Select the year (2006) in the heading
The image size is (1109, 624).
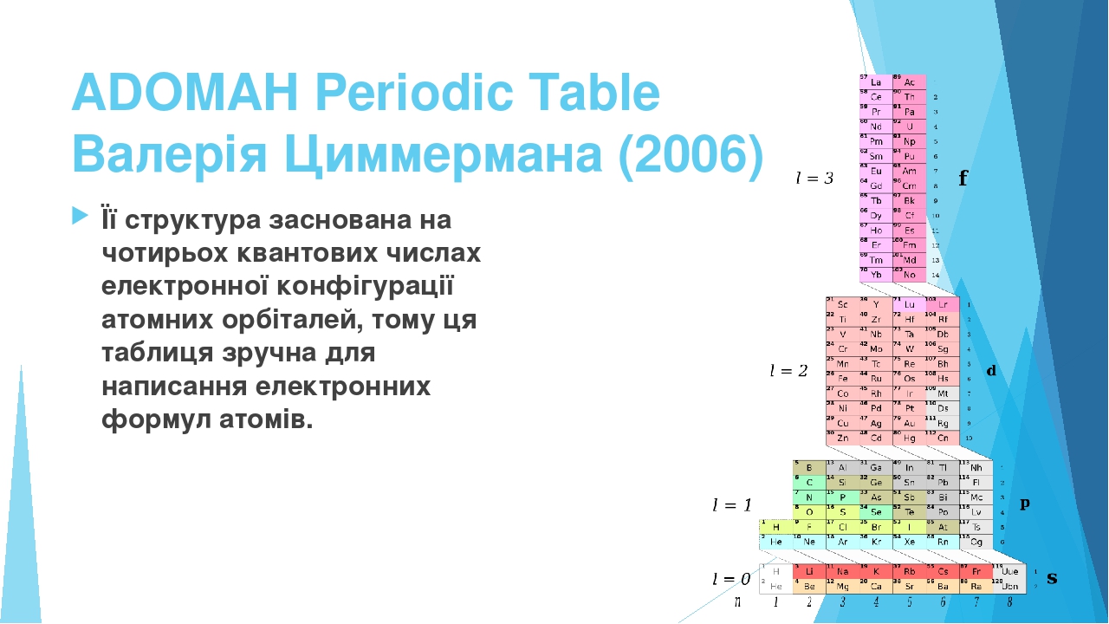pyautogui.click(x=692, y=154)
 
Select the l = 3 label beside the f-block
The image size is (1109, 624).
pyautogui.click(x=814, y=179)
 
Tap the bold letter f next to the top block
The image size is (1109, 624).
pyautogui.click(x=963, y=179)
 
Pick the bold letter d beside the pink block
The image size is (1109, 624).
pyautogui.click(x=991, y=371)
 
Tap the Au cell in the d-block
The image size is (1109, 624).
pyautogui.click(x=909, y=423)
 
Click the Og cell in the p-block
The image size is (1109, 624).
pyautogui.click(x=976, y=542)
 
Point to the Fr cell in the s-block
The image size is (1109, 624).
pyautogui.click(x=976, y=572)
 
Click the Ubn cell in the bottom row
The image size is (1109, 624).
pyautogui.click(x=1008, y=587)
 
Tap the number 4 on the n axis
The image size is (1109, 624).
pyautogui.click(x=876, y=601)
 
